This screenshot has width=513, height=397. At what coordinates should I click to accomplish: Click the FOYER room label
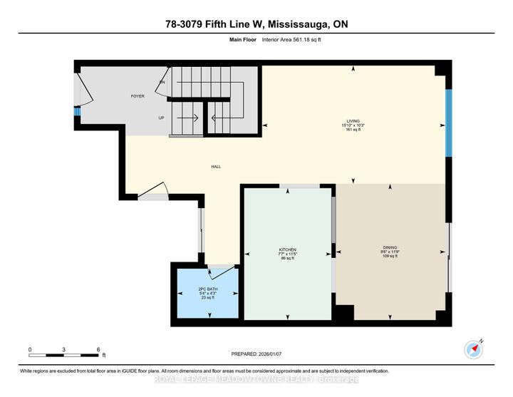(137, 95)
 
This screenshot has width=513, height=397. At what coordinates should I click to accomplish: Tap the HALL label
(215, 167)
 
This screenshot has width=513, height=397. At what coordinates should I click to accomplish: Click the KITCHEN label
(287, 250)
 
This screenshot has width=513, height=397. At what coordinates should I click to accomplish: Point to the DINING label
(390, 250)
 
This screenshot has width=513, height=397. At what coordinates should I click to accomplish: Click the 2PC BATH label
(207, 288)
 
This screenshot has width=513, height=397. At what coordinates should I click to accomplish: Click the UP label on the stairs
(162, 118)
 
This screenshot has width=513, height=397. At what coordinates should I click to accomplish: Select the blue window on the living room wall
(447, 123)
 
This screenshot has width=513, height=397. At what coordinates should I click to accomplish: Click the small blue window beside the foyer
(77, 111)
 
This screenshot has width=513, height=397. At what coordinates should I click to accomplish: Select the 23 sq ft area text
(207, 298)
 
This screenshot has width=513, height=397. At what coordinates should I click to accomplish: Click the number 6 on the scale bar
(98, 349)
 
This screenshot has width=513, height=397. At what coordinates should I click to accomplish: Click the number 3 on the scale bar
(64, 349)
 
